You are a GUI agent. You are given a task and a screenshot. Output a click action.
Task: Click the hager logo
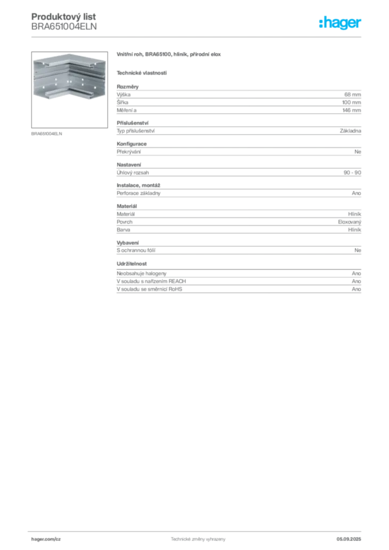[x=340, y=23]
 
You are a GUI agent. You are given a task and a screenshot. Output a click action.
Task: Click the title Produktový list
[x=63, y=17]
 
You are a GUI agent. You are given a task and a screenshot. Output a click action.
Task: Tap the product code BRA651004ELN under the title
[x=64, y=26]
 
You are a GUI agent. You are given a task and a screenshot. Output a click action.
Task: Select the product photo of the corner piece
[x=69, y=90]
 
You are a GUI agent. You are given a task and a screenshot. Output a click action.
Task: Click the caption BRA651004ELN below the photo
[x=47, y=134]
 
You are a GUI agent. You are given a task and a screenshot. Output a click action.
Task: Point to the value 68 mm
[x=352, y=95]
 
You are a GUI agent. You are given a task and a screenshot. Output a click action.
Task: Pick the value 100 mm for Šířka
[x=351, y=103]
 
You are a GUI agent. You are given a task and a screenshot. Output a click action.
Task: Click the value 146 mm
[x=351, y=110]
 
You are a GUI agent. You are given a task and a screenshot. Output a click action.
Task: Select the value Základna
[x=350, y=131]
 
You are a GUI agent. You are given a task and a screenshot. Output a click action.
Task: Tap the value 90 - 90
[x=352, y=172]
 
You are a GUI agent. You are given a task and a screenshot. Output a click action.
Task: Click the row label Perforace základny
[x=139, y=193]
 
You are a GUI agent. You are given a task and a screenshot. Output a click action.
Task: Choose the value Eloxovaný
[x=350, y=222]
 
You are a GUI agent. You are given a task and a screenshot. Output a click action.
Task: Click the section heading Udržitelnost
[x=132, y=264]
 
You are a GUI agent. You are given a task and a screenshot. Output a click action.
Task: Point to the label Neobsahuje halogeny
[x=141, y=273]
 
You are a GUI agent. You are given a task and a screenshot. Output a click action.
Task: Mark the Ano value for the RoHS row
[x=356, y=289]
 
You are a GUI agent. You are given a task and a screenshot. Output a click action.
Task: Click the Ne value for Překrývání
[x=358, y=152]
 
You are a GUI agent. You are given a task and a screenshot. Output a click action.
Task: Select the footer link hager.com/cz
[x=46, y=539]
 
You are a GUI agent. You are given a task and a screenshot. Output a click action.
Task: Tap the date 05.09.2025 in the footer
[x=349, y=539]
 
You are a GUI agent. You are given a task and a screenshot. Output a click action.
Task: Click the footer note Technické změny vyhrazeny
[x=198, y=539]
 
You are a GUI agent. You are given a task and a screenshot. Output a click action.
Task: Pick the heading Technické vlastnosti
[x=142, y=73]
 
